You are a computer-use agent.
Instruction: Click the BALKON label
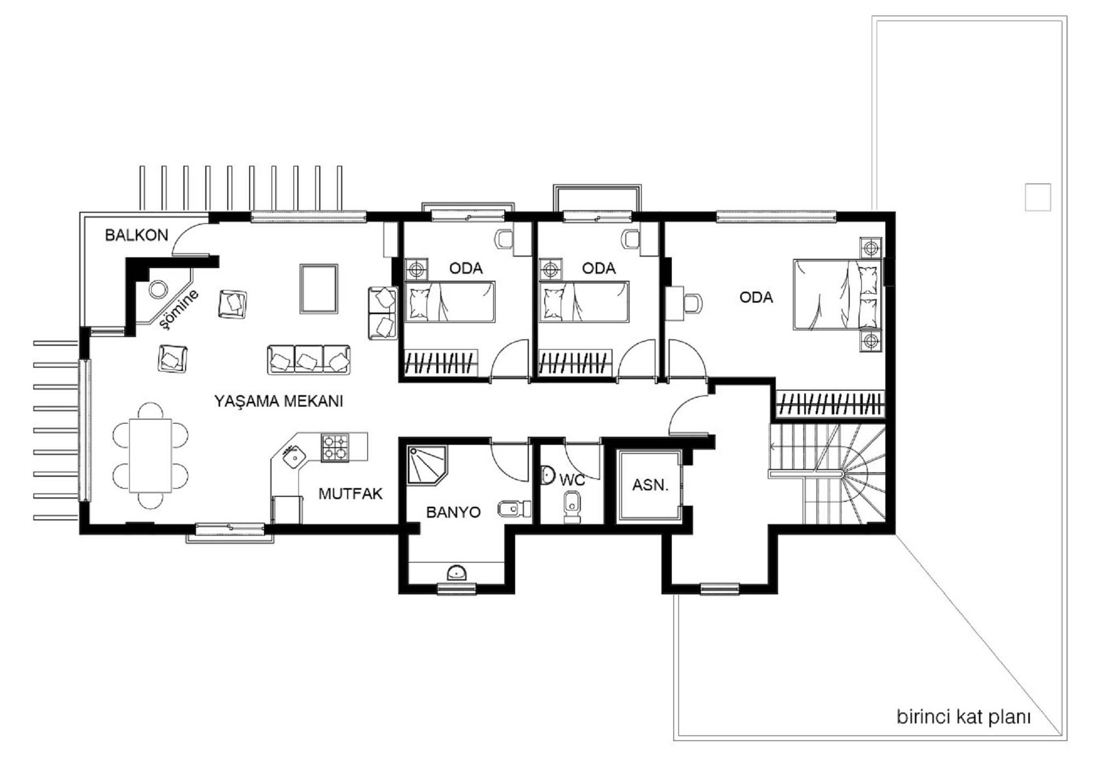pos(136,235)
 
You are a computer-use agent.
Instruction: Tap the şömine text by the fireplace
pos(179,310)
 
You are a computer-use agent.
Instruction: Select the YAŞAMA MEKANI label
pos(279,401)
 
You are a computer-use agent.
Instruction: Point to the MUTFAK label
pos(350,494)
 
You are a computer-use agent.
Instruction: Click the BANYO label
pos(453,512)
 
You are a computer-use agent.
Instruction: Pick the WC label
pos(572,480)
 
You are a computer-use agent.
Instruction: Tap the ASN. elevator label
pos(650,485)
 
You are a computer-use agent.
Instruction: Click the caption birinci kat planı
pos(964,717)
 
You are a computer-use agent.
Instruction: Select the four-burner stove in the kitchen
pos(335,448)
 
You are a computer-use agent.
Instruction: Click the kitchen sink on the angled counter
pos(293,456)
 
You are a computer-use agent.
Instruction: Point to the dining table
pos(151,456)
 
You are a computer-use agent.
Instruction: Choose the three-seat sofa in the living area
pos(309,360)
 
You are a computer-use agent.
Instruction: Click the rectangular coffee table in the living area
pos(319,288)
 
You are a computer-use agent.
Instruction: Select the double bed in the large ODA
pos(837,295)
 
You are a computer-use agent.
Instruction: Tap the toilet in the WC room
pos(572,506)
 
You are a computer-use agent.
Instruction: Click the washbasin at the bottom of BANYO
pos(457,573)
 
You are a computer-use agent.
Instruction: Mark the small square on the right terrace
pos(1038,197)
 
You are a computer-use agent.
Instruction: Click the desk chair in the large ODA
pos(693,304)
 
